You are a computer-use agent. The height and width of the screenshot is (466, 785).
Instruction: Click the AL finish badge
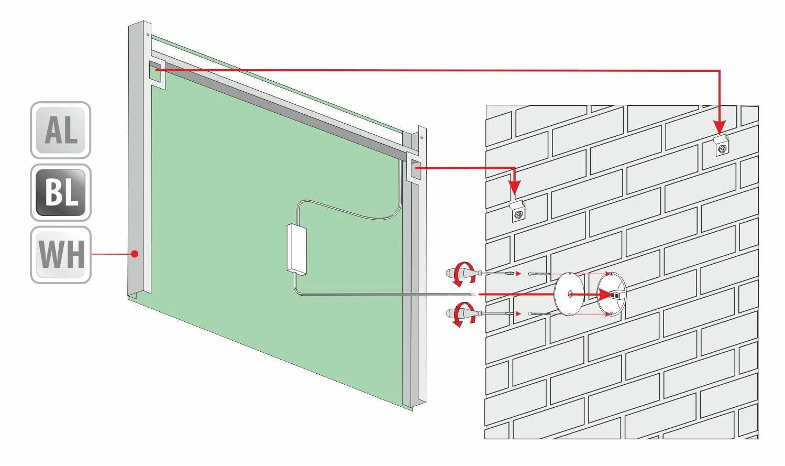[x=61, y=130]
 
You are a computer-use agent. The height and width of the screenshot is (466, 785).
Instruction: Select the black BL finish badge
[x=61, y=193]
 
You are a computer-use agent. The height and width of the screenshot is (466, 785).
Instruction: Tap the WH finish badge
[x=61, y=255]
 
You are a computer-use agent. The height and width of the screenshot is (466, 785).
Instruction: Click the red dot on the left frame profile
[x=135, y=254]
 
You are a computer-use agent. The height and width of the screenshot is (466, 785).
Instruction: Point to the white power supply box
[x=297, y=249]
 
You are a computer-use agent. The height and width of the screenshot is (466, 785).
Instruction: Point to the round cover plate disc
[x=569, y=294]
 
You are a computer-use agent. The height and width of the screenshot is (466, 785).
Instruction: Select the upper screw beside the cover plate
[x=539, y=274]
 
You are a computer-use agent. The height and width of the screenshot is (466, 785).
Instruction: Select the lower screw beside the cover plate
[x=539, y=313]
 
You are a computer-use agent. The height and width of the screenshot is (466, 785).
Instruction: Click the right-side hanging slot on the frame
[x=416, y=169]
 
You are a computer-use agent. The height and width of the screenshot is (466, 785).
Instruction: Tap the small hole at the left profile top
[x=148, y=35]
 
